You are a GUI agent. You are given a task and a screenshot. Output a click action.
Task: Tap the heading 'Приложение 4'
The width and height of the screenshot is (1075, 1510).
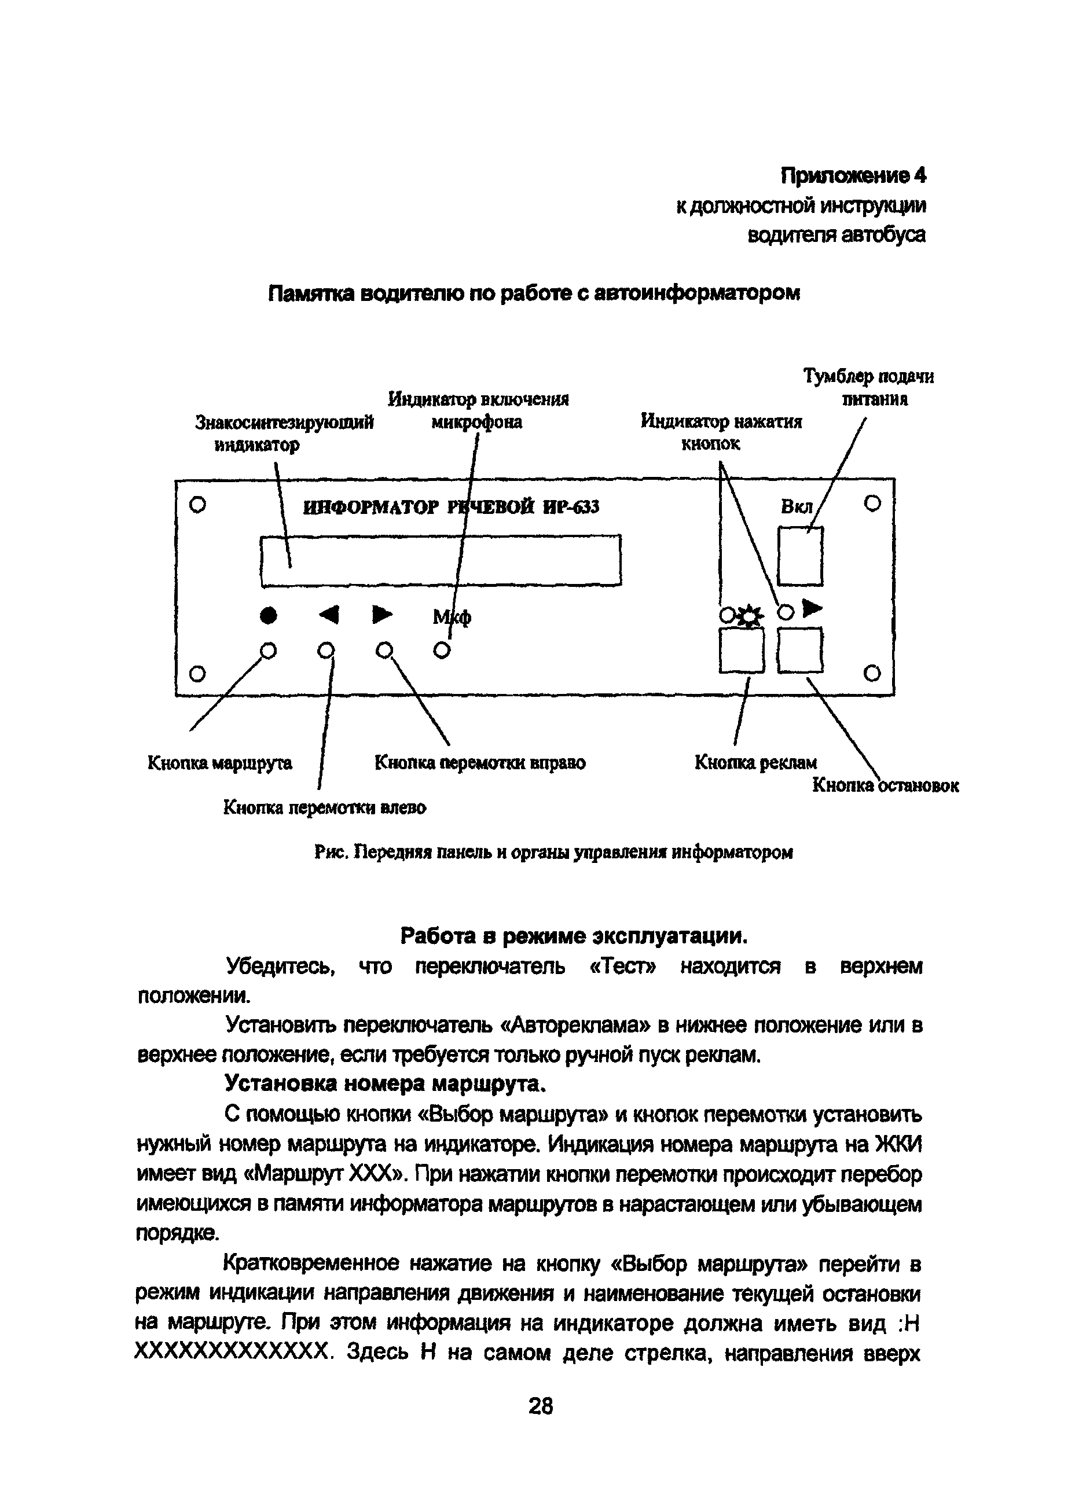click(x=853, y=176)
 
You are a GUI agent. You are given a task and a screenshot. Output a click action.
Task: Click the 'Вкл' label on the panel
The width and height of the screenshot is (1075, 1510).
click(x=797, y=508)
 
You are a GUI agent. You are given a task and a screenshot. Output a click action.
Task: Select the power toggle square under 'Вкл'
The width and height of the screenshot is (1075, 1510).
click(x=799, y=556)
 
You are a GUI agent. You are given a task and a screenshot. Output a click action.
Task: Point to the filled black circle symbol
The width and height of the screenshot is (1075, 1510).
click(x=267, y=616)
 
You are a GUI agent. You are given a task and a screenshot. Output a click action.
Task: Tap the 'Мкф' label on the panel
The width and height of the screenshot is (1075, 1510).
click(x=452, y=618)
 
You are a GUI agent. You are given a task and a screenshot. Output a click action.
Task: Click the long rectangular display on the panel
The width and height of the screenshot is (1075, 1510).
click(x=441, y=560)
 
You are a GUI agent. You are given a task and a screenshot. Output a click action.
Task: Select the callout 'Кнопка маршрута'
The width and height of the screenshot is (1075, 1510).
click(x=219, y=763)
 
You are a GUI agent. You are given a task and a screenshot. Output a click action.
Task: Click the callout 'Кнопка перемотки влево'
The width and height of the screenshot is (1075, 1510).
click(x=324, y=807)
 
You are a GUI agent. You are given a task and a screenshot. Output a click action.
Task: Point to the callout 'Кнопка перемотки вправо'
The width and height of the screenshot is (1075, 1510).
click(x=480, y=763)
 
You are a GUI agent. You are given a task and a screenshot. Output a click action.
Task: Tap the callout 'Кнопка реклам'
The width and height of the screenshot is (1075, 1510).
click(x=755, y=763)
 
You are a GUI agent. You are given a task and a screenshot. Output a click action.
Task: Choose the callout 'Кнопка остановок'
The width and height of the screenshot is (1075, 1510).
click(x=885, y=785)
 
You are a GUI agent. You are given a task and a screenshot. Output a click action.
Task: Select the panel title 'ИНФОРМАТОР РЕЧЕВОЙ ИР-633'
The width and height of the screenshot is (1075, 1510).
click(x=451, y=508)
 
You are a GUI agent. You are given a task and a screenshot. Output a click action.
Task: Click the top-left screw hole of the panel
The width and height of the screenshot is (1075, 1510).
click(x=197, y=505)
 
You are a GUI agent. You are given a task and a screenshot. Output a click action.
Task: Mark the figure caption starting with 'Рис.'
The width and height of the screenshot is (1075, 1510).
click(x=553, y=853)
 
